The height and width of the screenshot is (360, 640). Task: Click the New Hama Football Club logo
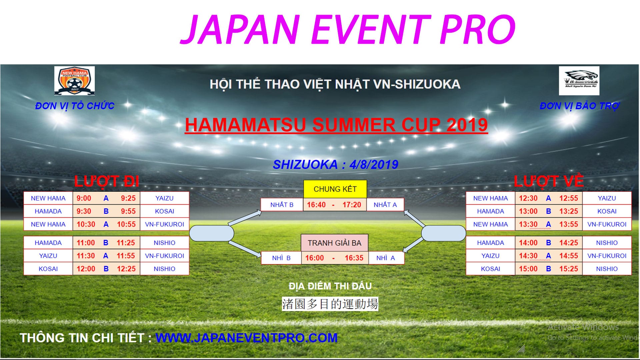pos(74,80)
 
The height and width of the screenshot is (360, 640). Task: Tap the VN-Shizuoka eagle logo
pos(579,80)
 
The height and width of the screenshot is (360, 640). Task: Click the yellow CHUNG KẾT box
pos(335,189)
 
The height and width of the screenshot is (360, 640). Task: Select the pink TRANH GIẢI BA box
pos(334,243)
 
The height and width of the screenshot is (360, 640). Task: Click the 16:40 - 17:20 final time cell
pos(334,205)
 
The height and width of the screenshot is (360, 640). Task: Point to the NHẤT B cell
pos(282,205)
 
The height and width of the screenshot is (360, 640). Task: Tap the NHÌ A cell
pos(385,258)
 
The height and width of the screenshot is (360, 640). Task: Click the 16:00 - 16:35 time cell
pos(334,258)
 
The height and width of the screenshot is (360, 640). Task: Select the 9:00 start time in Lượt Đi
pos(84,198)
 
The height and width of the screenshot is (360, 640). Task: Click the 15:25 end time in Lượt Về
pos(569,269)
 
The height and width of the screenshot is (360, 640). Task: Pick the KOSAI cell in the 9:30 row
pos(164,211)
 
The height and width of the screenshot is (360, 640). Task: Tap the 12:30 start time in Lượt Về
pos(528,198)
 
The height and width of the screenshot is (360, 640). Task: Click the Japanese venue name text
pos(330,304)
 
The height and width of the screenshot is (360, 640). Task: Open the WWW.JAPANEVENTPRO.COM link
pos(246,338)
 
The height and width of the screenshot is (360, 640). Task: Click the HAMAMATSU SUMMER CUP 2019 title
pos(336,125)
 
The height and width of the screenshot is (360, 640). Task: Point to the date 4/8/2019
pos(374,164)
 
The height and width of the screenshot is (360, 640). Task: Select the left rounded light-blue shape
pos(212,233)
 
